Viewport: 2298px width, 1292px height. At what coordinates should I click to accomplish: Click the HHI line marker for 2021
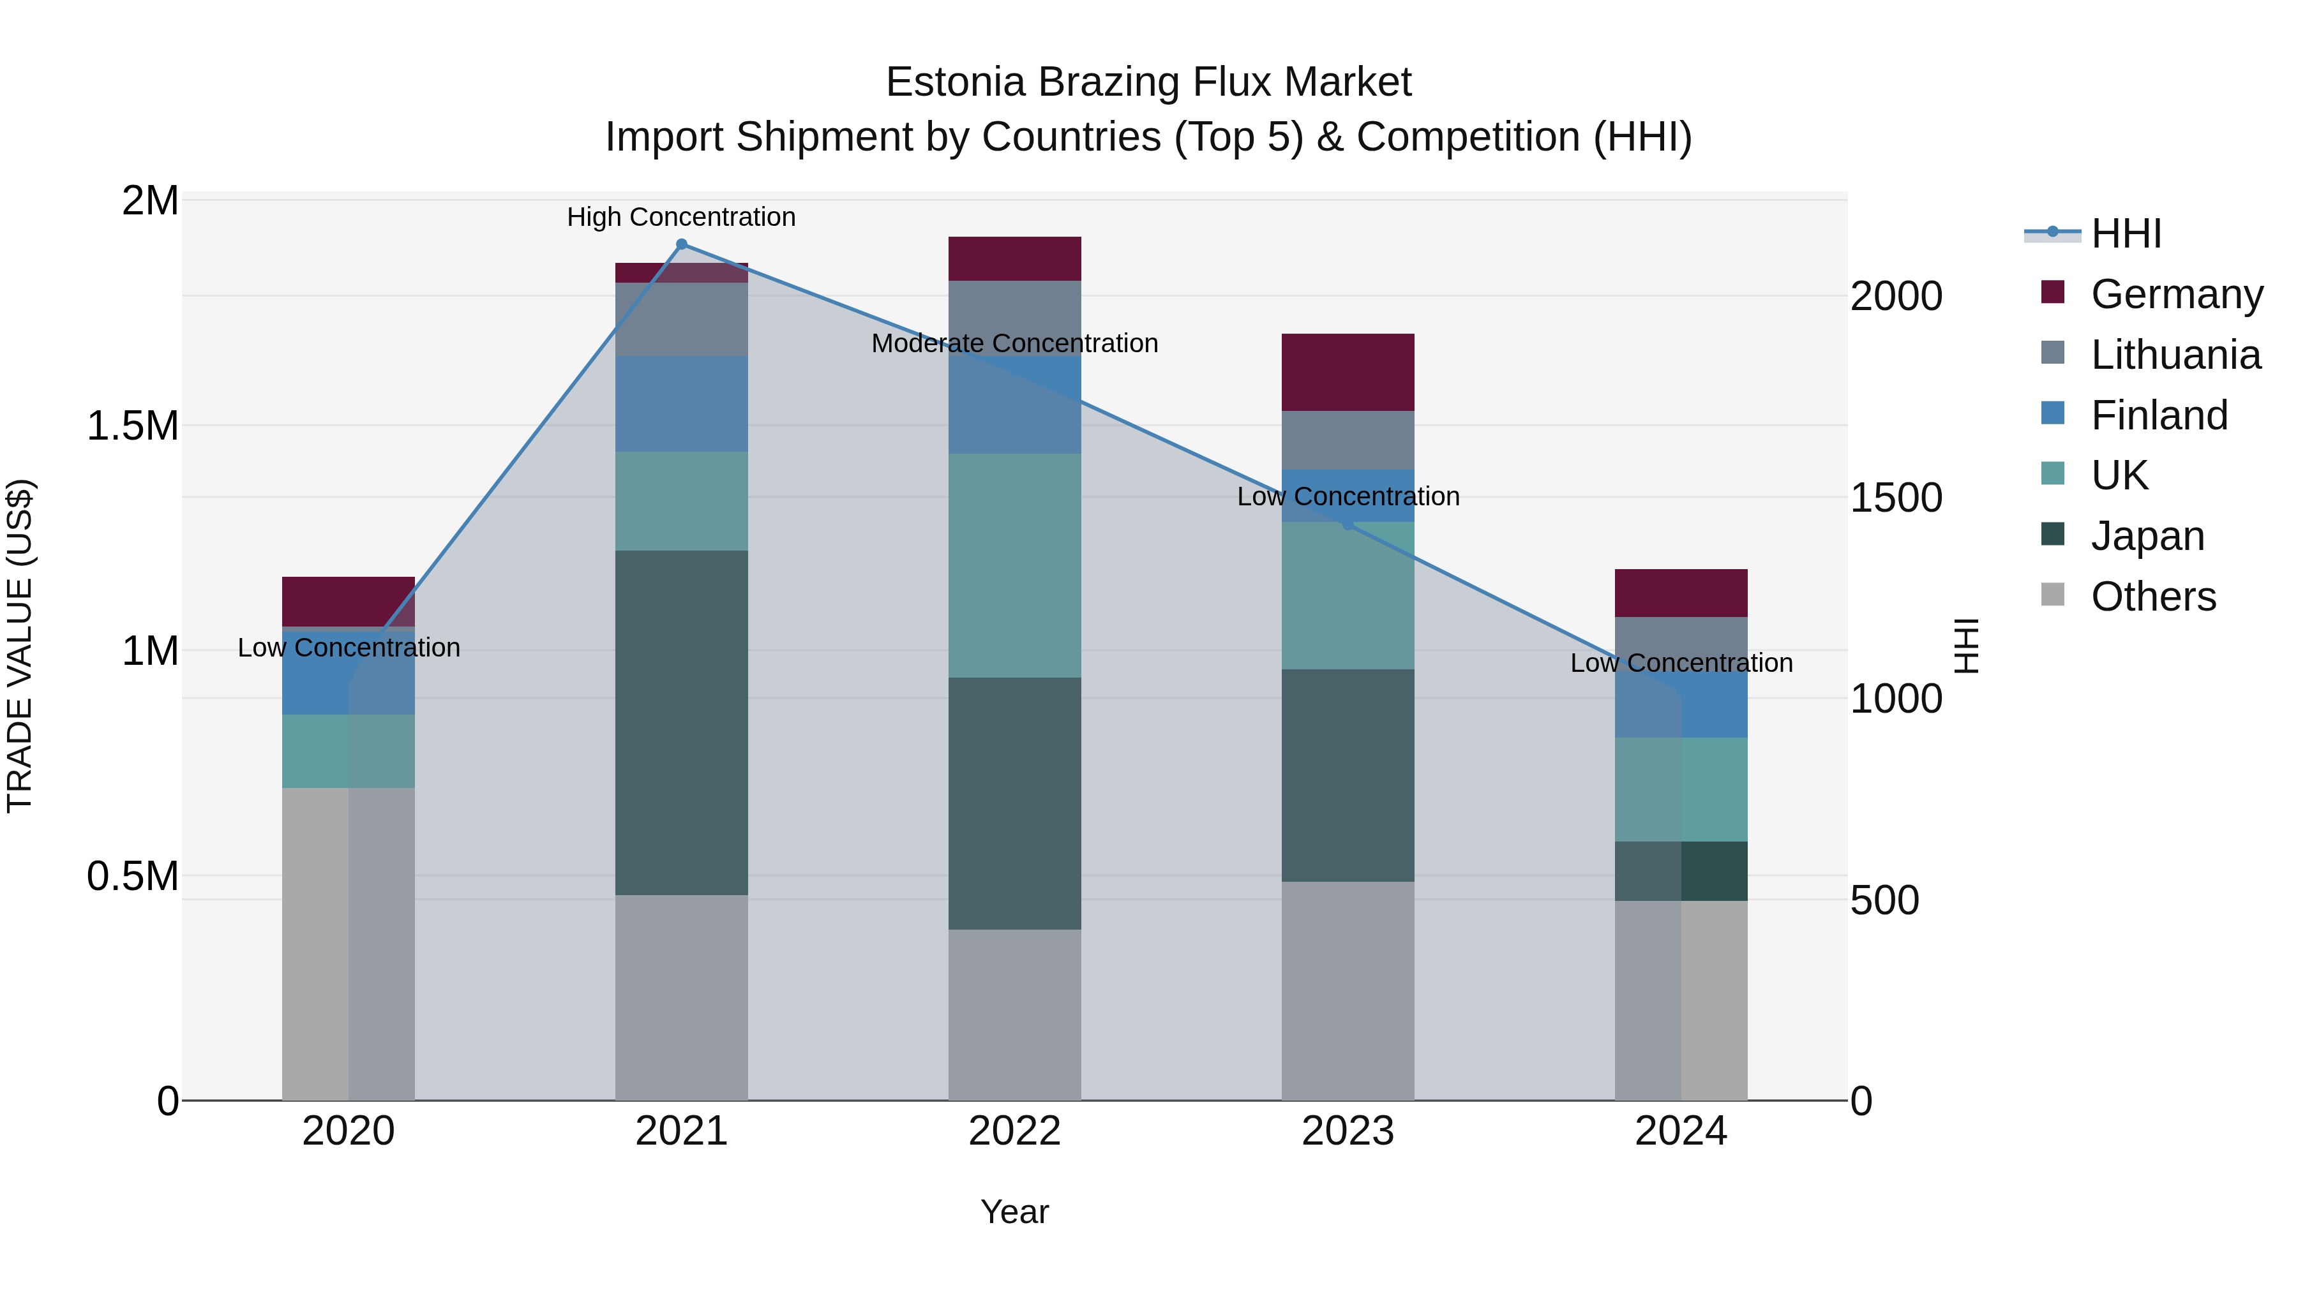click(682, 244)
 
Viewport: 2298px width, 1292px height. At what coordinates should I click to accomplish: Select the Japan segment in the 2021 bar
click(682, 722)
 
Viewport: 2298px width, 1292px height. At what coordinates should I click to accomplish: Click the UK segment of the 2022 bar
click(1014, 565)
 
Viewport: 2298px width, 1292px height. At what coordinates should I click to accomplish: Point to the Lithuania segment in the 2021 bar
click(682, 319)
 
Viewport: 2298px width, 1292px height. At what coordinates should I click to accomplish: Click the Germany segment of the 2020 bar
click(348, 601)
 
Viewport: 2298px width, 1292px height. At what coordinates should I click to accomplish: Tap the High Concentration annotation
click(682, 217)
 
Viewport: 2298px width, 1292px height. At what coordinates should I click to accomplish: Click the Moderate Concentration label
click(1014, 343)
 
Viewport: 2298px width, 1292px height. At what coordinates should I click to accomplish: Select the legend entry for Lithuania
click(2175, 355)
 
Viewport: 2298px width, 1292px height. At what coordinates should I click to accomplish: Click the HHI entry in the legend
click(2125, 234)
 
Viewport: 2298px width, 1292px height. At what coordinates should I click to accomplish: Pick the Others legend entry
click(2152, 597)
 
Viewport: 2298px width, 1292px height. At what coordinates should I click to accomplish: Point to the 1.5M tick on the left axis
click(132, 426)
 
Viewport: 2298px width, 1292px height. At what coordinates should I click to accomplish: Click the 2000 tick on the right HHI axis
click(1896, 296)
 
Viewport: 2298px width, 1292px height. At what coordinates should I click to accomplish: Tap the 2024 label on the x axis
click(1681, 1131)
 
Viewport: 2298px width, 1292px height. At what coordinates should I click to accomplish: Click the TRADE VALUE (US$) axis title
click(20, 646)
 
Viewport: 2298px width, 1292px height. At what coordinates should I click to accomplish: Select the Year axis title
click(1014, 1212)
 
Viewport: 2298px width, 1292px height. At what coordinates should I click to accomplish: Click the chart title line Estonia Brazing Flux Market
click(1148, 82)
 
